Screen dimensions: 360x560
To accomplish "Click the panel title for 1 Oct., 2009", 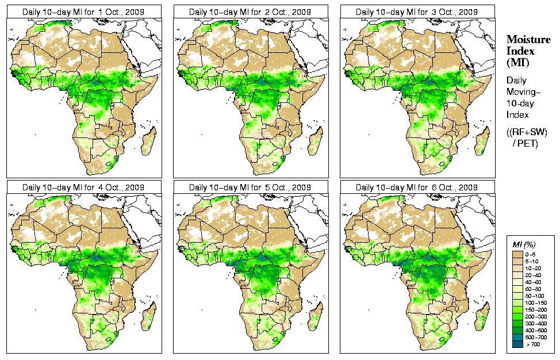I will click(x=83, y=12).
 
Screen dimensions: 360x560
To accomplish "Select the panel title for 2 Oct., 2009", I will click(x=250, y=12).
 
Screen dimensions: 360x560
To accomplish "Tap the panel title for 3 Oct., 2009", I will click(x=417, y=12).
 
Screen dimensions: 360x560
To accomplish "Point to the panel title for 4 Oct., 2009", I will click(x=83, y=187).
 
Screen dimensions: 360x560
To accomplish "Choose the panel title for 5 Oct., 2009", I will click(x=250, y=187).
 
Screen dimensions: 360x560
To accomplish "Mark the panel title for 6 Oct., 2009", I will click(x=417, y=187).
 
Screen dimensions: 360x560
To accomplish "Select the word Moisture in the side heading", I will click(x=526, y=39).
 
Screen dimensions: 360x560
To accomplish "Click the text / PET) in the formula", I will click(x=525, y=143).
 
